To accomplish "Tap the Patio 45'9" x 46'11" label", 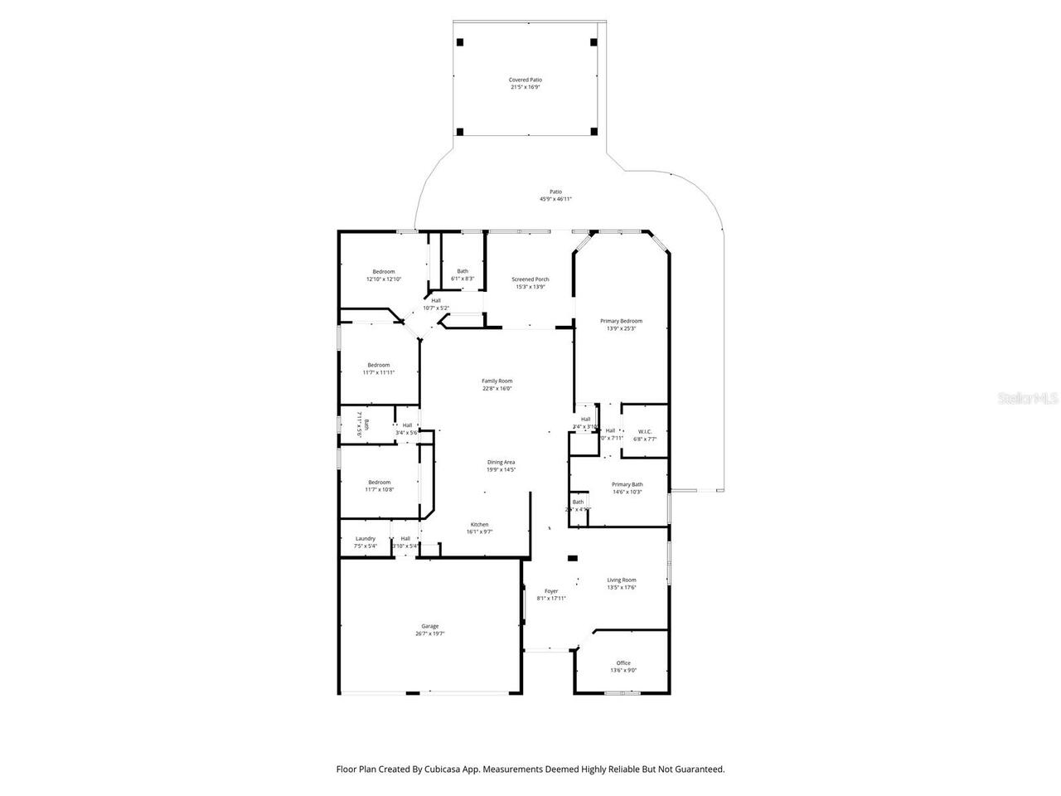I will (555, 195).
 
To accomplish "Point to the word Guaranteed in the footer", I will (699, 769).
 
